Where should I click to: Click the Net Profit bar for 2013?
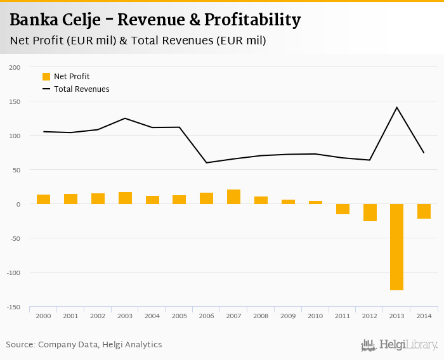click(x=397, y=247)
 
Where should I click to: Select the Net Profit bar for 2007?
click(x=233, y=196)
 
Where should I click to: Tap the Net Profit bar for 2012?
click(x=370, y=212)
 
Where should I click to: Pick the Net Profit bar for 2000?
click(x=43, y=199)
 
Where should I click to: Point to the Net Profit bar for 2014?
click(x=424, y=211)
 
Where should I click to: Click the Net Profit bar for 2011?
click(x=343, y=209)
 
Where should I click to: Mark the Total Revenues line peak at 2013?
click(x=397, y=107)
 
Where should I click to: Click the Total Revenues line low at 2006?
click(x=206, y=163)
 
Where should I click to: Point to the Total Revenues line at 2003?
click(x=125, y=119)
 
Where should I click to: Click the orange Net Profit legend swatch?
click(x=46, y=77)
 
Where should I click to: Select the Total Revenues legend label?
click(x=81, y=89)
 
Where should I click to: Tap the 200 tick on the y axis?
click(x=15, y=67)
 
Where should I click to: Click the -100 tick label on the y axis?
click(x=13, y=273)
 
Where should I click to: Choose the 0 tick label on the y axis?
click(x=18, y=204)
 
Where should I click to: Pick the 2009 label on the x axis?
click(x=288, y=316)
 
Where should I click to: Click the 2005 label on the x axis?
click(x=180, y=316)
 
